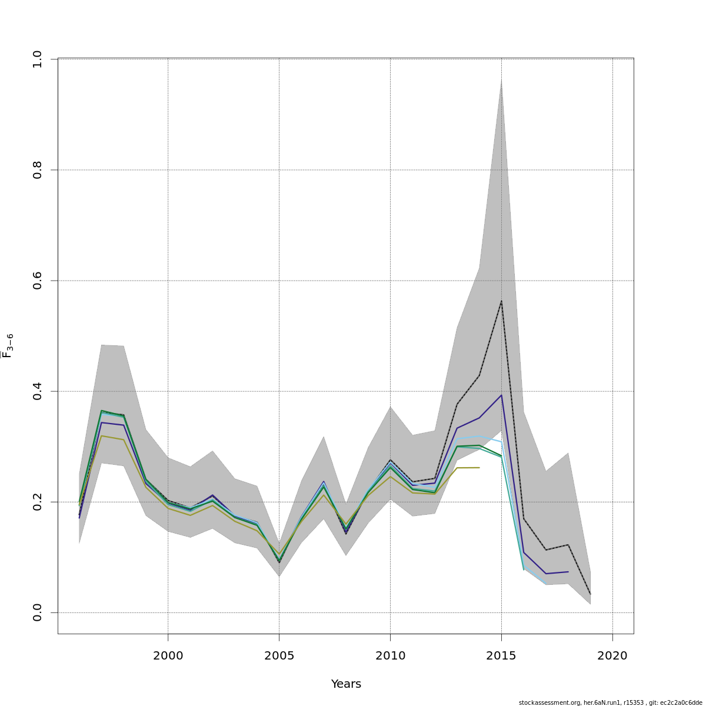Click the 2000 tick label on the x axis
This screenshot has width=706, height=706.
coord(168,655)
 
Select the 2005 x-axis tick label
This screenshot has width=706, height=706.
coord(279,655)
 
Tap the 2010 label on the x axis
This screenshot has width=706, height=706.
coord(390,655)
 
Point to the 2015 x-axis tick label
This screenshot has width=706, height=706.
coord(501,655)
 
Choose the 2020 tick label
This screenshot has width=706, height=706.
coord(612,655)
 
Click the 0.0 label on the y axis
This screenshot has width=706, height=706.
coord(37,612)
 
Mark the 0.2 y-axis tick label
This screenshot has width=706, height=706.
coord(37,502)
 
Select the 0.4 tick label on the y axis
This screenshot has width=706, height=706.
coord(37,391)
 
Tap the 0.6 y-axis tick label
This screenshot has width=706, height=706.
coord(37,281)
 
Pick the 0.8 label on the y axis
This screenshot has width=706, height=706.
coord(37,170)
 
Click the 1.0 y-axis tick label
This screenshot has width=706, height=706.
coord(37,59)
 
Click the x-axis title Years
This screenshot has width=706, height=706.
coord(346,684)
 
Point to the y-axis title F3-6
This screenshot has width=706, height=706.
coord(8,346)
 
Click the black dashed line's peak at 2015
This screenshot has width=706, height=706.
coord(501,301)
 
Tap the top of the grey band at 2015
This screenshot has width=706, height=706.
coord(501,80)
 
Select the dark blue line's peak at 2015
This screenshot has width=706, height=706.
coord(501,395)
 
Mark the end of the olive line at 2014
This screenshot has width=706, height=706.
coord(479,467)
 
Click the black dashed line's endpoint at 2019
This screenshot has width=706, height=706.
coord(590,594)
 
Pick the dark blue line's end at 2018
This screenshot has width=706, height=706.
coord(568,571)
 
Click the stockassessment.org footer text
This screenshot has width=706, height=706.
coord(610,702)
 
